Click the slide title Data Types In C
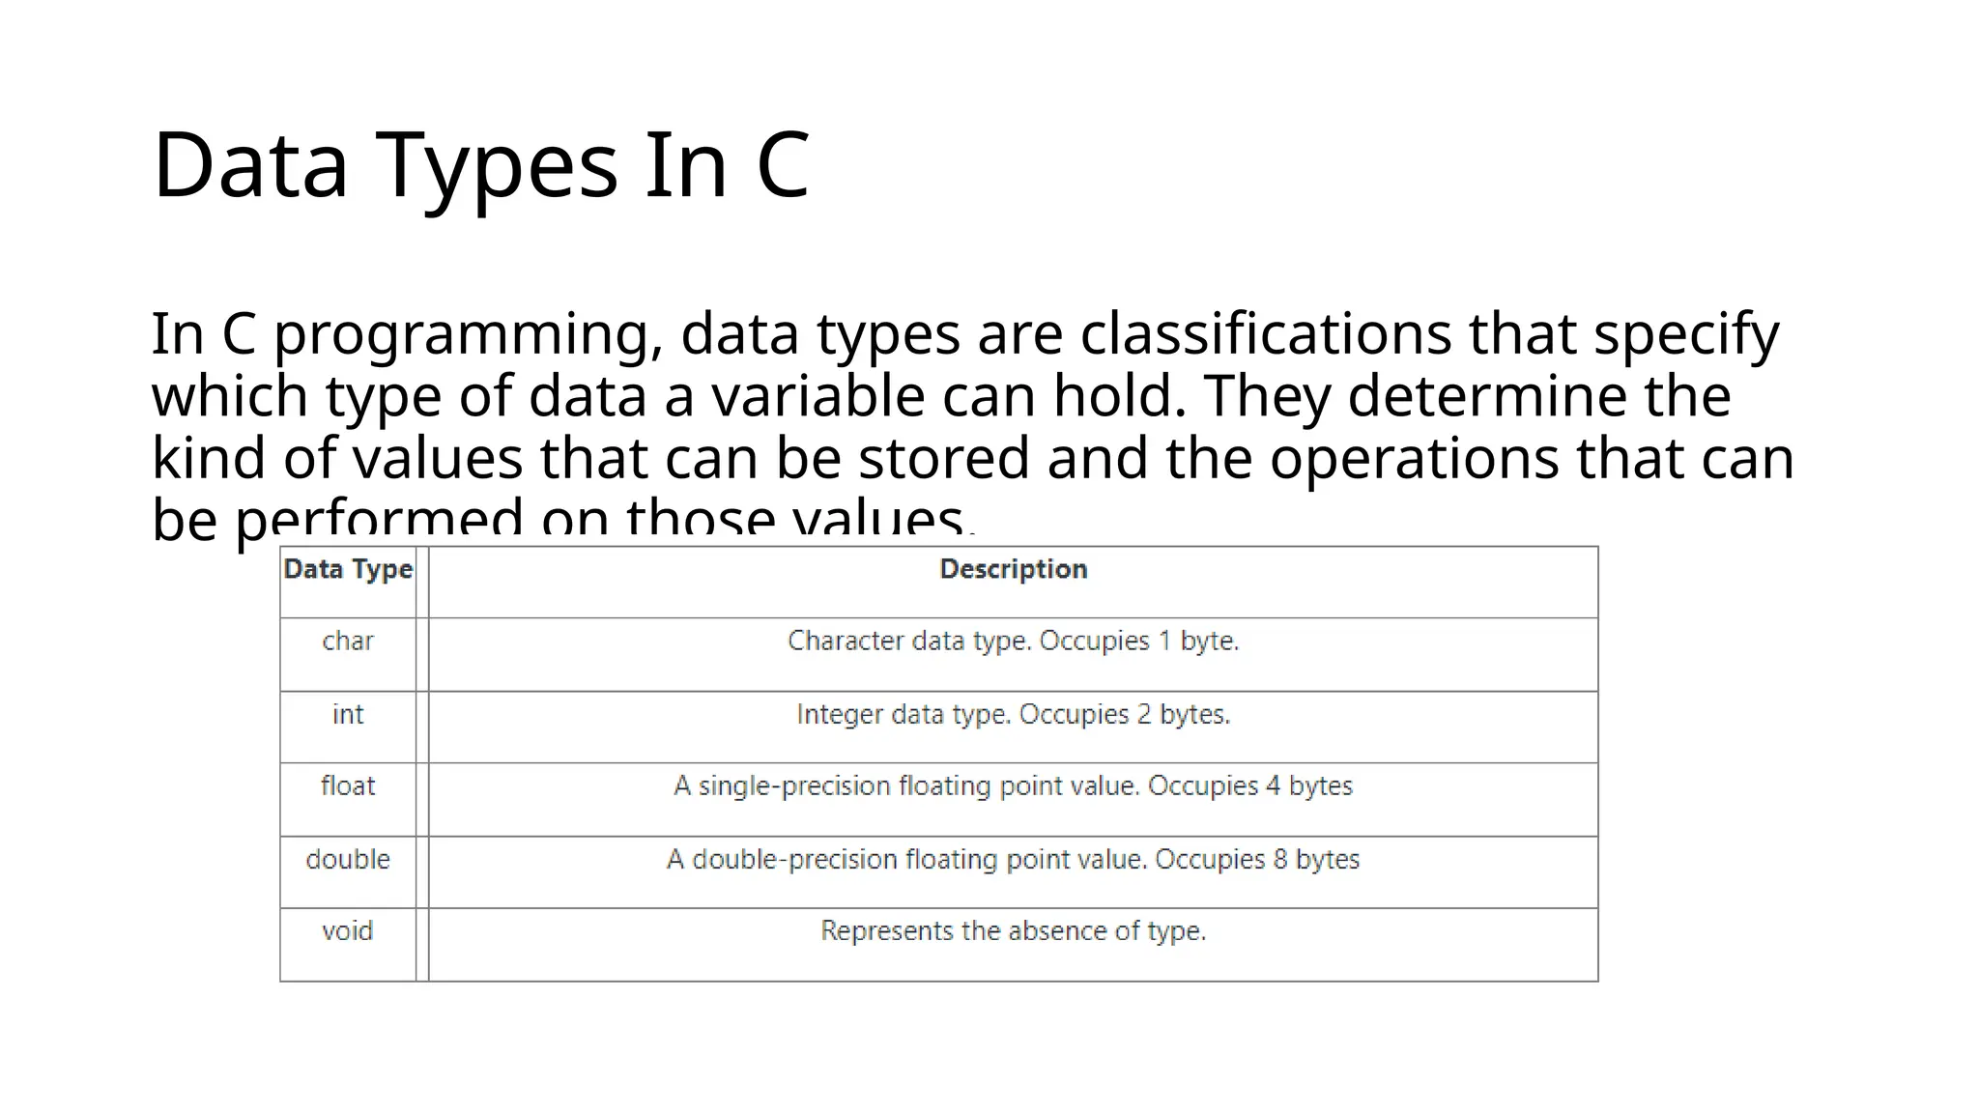480,165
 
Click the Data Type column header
348,569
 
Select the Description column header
1013,569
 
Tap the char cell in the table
348,642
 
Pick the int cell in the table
348,715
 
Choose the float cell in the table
348,786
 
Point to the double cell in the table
348,860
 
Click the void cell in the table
348,931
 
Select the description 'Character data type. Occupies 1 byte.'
1013,642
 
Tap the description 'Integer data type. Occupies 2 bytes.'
1013,715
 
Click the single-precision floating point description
1013,786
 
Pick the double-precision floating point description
1013,860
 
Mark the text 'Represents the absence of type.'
1013,931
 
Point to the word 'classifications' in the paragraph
1265,334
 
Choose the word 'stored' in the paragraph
943,458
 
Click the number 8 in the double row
1280,860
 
